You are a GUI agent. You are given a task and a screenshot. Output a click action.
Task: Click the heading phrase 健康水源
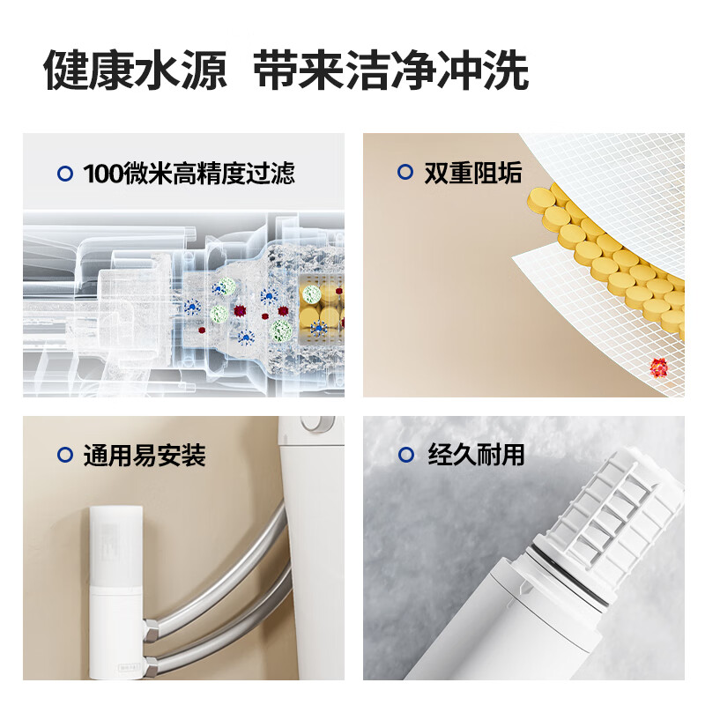pyautogui.click(x=135, y=70)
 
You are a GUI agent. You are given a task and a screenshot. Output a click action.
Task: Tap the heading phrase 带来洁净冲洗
pyautogui.click(x=390, y=70)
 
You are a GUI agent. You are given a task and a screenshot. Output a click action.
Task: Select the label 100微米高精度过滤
pyautogui.click(x=189, y=174)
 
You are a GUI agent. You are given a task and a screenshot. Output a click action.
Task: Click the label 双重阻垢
pyautogui.click(x=473, y=173)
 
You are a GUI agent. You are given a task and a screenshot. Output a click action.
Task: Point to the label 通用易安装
pyautogui.click(x=145, y=455)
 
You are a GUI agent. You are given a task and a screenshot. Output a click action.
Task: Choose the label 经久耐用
pyautogui.click(x=476, y=454)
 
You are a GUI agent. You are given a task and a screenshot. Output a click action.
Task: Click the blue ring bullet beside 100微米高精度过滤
pyautogui.click(x=65, y=174)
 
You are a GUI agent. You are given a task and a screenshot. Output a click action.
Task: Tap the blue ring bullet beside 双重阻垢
pyautogui.click(x=405, y=172)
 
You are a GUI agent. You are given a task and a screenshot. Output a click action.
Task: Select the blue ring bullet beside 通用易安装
pyautogui.click(x=65, y=455)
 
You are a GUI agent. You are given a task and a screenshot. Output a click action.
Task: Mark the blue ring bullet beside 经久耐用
pyautogui.click(x=406, y=455)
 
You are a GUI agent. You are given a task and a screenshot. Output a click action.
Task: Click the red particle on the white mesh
pyautogui.click(x=658, y=367)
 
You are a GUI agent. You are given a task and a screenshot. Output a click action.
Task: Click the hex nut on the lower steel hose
pyautogui.click(x=152, y=665)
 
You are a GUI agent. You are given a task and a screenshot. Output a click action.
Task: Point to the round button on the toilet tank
pyautogui.click(x=318, y=423)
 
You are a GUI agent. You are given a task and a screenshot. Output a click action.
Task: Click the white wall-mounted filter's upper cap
pyautogui.click(x=116, y=545)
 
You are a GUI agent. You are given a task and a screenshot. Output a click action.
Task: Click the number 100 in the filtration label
pyautogui.click(x=103, y=174)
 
